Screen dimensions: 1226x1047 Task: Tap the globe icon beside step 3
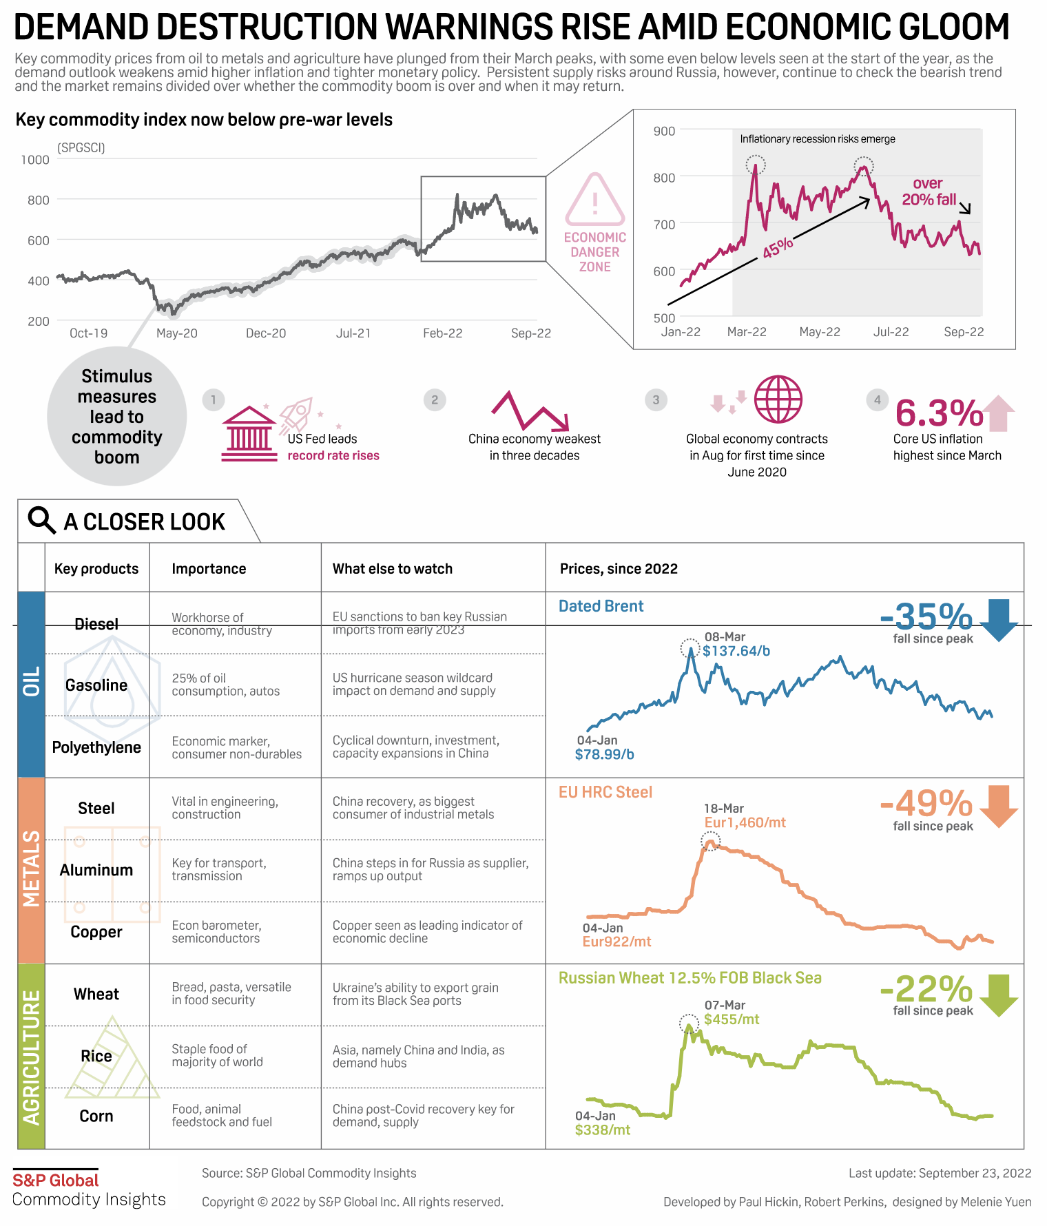coord(778,399)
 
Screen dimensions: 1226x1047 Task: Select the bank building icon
coord(249,434)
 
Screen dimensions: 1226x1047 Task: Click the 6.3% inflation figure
coord(939,414)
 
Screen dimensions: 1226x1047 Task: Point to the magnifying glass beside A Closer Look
coord(41,521)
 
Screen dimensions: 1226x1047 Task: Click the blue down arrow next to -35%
coord(998,619)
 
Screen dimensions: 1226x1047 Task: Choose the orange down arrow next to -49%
coord(998,805)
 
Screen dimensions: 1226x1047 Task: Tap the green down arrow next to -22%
coord(998,995)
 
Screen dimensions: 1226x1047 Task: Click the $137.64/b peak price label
coord(736,651)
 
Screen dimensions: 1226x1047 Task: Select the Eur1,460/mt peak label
coord(745,822)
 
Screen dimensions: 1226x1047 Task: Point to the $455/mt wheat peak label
coord(732,1019)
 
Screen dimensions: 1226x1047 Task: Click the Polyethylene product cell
coord(96,747)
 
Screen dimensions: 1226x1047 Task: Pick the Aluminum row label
coord(96,870)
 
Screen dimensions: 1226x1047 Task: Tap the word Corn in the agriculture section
coord(96,1116)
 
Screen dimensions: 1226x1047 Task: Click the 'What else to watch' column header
coord(393,569)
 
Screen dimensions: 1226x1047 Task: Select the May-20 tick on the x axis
coord(177,333)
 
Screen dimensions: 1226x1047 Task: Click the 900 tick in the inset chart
coord(664,131)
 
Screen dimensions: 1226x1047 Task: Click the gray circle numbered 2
coord(435,399)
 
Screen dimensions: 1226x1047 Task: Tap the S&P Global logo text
coord(56,1180)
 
